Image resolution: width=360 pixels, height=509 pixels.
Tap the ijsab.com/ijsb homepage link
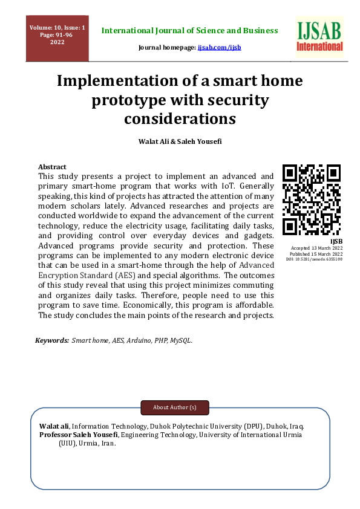pyautogui.click(x=219, y=47)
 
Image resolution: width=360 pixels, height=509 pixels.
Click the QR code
pyautogui.click(x=312, y=199)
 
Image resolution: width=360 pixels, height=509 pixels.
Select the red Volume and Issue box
pyautogui.click(x=57, y=38)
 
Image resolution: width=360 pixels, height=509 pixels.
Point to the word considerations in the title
pyautogui.click(x=180, y=118)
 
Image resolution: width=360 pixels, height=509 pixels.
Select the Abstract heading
pyautogui.click(x=52, y=167)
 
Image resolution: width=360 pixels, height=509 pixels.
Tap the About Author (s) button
pyautogui.click(x=175, y=407)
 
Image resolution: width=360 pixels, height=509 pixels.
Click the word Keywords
pyautogui.click(x=52, y=341)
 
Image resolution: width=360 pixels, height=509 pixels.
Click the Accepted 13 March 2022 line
pyautogui.click(x=317, y=248)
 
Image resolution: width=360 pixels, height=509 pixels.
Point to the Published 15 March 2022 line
pyautogui.click(x=316, y=254)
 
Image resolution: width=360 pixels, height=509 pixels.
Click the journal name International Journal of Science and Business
pyautogui.click(x=190, y=30)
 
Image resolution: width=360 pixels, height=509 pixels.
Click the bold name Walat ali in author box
pyautogui.click(x=54, y=426)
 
